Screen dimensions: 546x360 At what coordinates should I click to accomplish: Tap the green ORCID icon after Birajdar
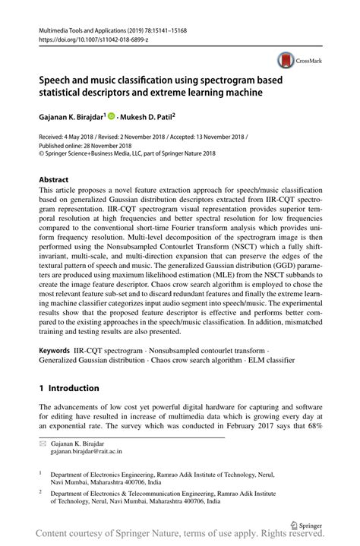pos(111,118)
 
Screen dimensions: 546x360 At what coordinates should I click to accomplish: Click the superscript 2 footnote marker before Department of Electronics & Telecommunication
pos(43,491)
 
